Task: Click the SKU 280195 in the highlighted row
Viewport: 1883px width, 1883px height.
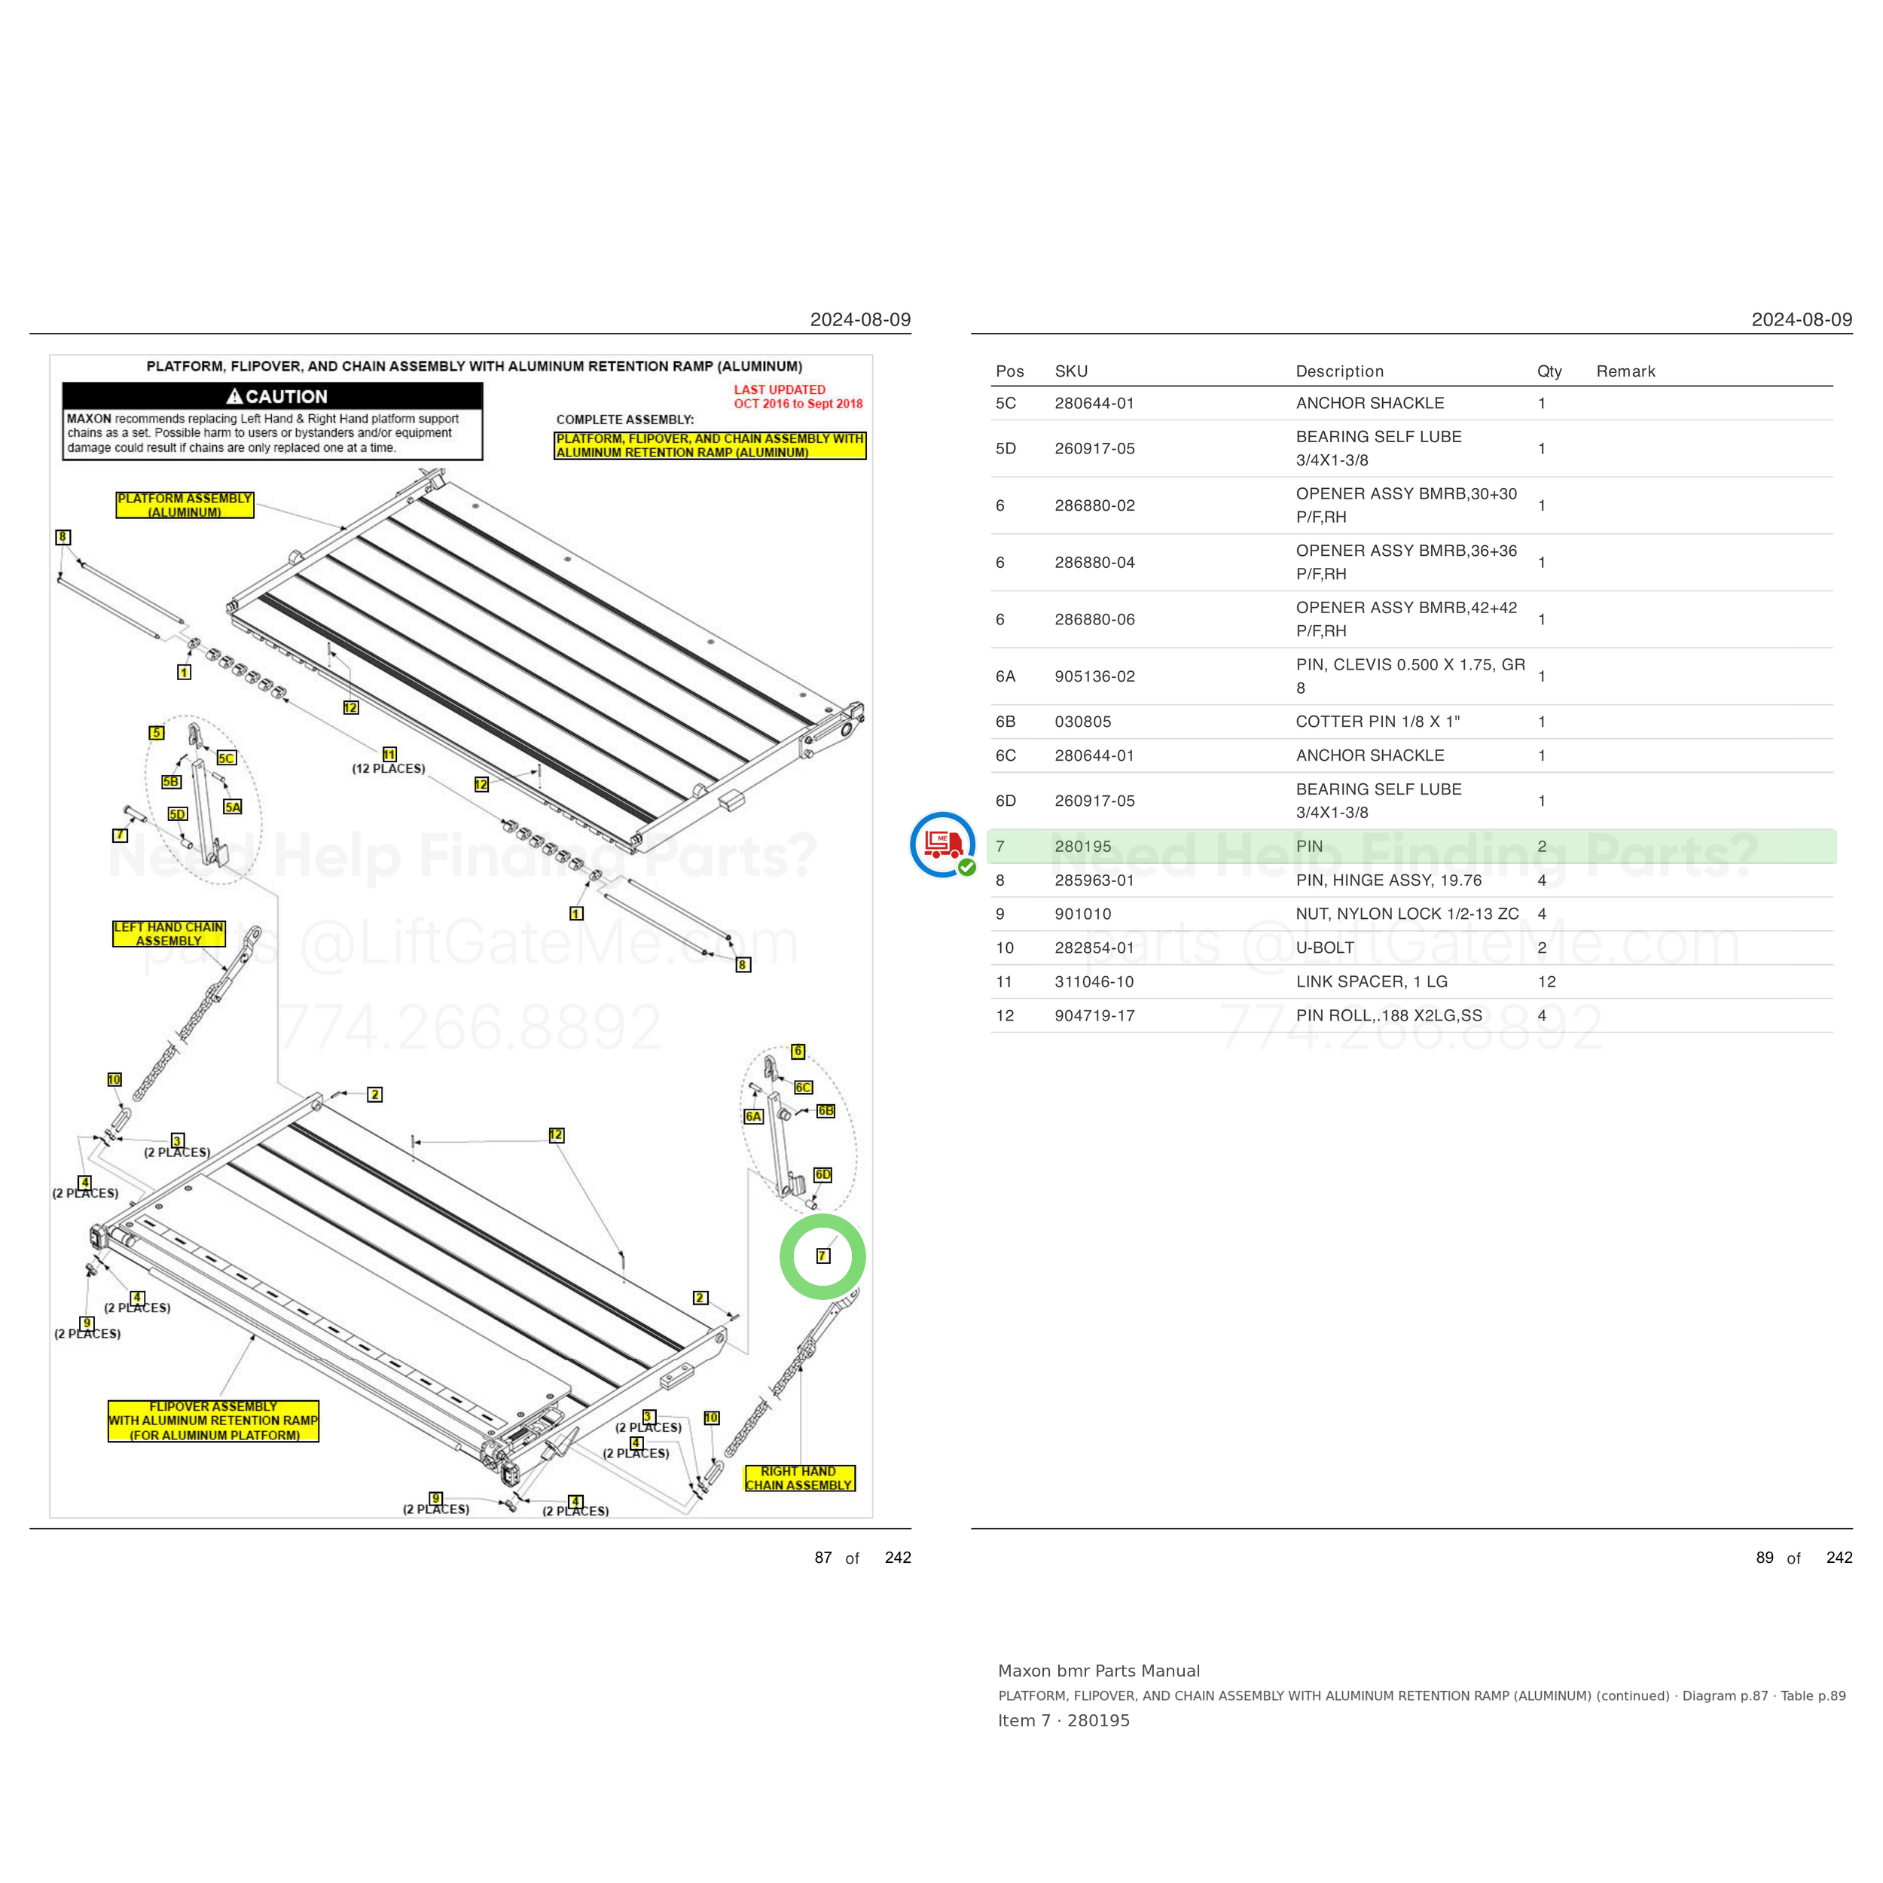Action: pyautogui.click(x=1082, y=846)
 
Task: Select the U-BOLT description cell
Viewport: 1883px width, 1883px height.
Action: pyautogui.click(x=1325, y=948)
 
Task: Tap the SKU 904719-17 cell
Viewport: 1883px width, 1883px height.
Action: pyautogui.click(x=1094, y=1015)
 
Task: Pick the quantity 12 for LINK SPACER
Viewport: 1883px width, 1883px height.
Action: pyautogui.click(x=1547, y=981)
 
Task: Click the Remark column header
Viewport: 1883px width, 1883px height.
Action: pyautogui.click(x=1625, y=371)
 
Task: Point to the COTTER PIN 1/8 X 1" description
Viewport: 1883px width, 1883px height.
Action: pyautogui.click(x=1377, y=722)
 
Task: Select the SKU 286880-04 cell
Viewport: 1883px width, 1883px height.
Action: pyautogui.click(x=1094, y=563)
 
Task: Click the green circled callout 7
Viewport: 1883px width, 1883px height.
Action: pyautogui.click(x=822, y=1256)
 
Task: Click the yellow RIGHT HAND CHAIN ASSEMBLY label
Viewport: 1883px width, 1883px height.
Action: pyautogui.click(x=799, y=1479)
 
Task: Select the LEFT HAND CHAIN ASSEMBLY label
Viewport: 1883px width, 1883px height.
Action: pyautogui.click(x=169, y=934)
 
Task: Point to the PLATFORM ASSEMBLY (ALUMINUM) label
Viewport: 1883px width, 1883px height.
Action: pyautogui.click(x=185, y=505)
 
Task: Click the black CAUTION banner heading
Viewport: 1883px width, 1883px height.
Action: pyautogui.click(x=273, y=395)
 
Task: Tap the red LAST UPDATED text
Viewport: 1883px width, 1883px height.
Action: pyautogui.click(x=780, y=390)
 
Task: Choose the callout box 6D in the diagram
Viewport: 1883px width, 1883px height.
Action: pyautogui.click(x=822, y=1174)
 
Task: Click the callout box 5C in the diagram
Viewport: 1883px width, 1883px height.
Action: pyautogui.click(x=226, y=757)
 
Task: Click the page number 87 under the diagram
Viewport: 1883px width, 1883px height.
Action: pyautogui.click(x=823, y=1558)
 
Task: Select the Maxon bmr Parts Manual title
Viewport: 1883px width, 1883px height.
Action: pyautogui.click(x=1098, y=1671)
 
